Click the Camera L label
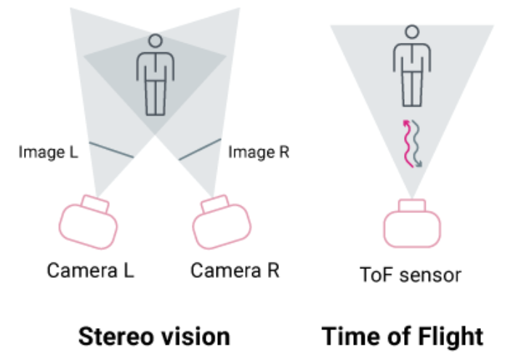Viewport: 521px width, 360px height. point(91,271)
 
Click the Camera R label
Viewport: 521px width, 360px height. point(235,271)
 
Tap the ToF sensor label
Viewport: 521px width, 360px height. point(411,275)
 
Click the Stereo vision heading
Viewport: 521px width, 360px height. point(154,336)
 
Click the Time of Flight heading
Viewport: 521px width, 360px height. point(403,336)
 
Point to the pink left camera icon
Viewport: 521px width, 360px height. point(88,228)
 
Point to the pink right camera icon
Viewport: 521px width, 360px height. point(224,228)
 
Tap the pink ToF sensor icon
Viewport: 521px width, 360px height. point(411,226)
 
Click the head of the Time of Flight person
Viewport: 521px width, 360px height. point(412,32)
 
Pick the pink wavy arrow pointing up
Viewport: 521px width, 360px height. point(407,143)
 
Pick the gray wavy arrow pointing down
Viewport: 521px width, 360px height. point(418,145)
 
